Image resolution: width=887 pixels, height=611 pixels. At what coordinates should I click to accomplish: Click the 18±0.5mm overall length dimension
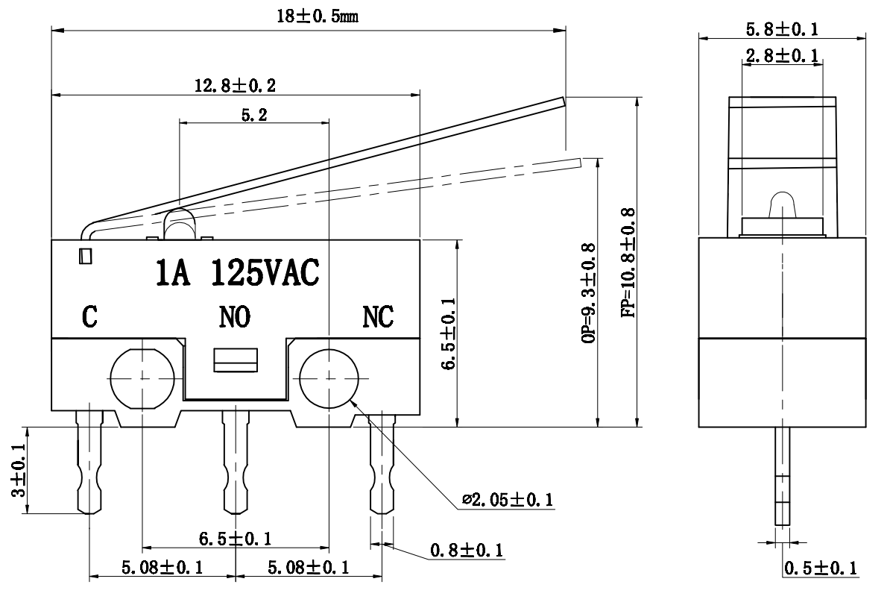point(318,16)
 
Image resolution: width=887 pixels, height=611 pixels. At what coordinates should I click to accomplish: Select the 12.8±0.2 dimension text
point(236,86)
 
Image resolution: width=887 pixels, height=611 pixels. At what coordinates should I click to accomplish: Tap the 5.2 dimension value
point(254,115)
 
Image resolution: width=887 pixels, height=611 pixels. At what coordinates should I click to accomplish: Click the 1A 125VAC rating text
point(238,272)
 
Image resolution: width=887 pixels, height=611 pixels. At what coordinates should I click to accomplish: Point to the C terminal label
point(89,317)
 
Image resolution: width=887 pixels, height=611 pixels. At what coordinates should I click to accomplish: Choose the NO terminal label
point(235,317)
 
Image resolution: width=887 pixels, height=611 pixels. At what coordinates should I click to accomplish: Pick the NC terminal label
point(378,317)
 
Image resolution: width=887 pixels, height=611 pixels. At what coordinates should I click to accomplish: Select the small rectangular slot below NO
point(236,360)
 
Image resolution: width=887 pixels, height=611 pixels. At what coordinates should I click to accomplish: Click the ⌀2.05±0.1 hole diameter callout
point(508,500)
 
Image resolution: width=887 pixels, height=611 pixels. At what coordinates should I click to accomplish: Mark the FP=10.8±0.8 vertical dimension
point(628,263)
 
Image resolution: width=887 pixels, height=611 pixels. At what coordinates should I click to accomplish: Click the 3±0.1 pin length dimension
point(19,470)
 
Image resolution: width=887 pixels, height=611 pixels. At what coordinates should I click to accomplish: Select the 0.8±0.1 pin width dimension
point(467,550)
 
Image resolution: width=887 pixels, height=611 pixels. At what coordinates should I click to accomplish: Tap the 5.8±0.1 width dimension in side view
point(782,29)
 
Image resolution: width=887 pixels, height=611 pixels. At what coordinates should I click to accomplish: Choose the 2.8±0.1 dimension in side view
point(782,55)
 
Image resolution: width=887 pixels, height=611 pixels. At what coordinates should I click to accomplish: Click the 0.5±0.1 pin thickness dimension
point(820,568)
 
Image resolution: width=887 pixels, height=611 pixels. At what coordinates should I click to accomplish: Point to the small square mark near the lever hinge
point(86,256)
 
